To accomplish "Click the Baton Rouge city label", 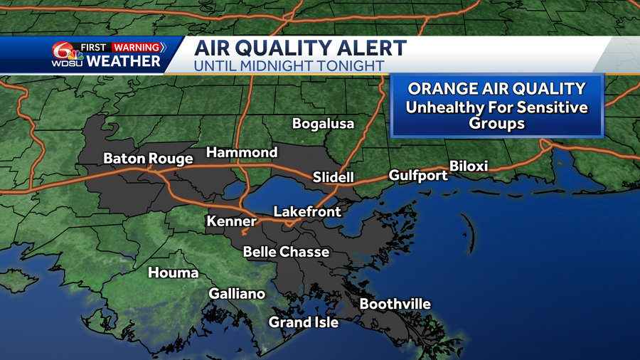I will (148, 159).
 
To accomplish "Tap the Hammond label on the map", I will (242, 152).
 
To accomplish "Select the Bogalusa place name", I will (323, 124).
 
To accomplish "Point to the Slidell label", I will (333, 177).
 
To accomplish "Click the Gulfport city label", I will (418, 175).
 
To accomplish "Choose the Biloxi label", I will (469, 166).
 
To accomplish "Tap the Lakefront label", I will (307, 211).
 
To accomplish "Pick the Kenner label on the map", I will (231, 221).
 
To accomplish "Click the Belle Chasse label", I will (286, 252).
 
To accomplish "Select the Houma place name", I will (173, 272).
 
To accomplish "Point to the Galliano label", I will (237, 294).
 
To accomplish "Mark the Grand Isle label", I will (303, 322).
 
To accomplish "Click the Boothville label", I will (395, 305).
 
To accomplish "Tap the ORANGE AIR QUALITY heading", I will (496, 89).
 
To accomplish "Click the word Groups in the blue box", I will (496, 123).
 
